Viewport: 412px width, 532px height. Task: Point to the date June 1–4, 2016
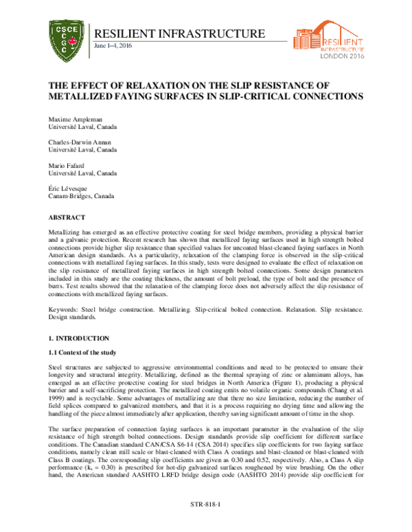pos(113,46)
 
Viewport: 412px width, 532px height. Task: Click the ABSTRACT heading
pos(66,217)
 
